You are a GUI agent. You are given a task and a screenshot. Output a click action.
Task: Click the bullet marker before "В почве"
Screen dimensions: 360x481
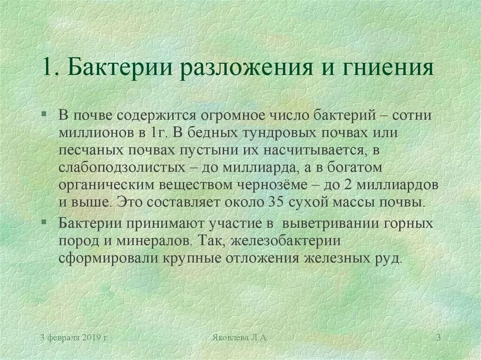(44, 114)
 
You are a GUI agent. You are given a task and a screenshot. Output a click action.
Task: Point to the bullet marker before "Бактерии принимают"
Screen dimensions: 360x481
(44, 221)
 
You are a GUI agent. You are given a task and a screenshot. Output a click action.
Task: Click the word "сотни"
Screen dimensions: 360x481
(411, 115)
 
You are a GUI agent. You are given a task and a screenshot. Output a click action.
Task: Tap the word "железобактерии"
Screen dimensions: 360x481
(285, 241)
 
